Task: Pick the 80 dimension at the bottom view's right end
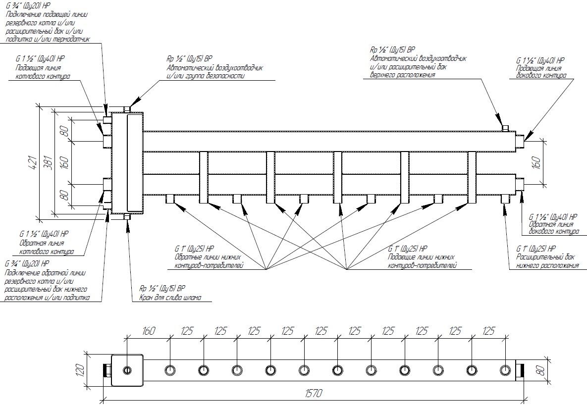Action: (x=540, y=369)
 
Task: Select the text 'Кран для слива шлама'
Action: (x=170, y=298)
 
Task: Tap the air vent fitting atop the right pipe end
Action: (x=506, y=128)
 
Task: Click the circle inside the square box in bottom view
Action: (x=127, y=370)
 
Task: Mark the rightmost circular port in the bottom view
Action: (x=505, y=370)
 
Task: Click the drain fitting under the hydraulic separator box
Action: (x=127, y=217)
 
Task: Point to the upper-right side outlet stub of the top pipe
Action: (x=519, y=141)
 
